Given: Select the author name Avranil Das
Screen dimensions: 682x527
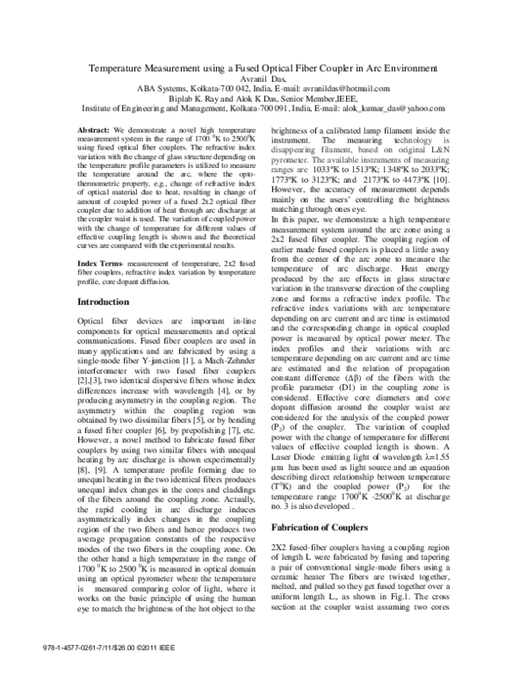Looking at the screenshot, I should [263, 78].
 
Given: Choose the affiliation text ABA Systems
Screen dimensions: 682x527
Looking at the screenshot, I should [165, 89].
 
